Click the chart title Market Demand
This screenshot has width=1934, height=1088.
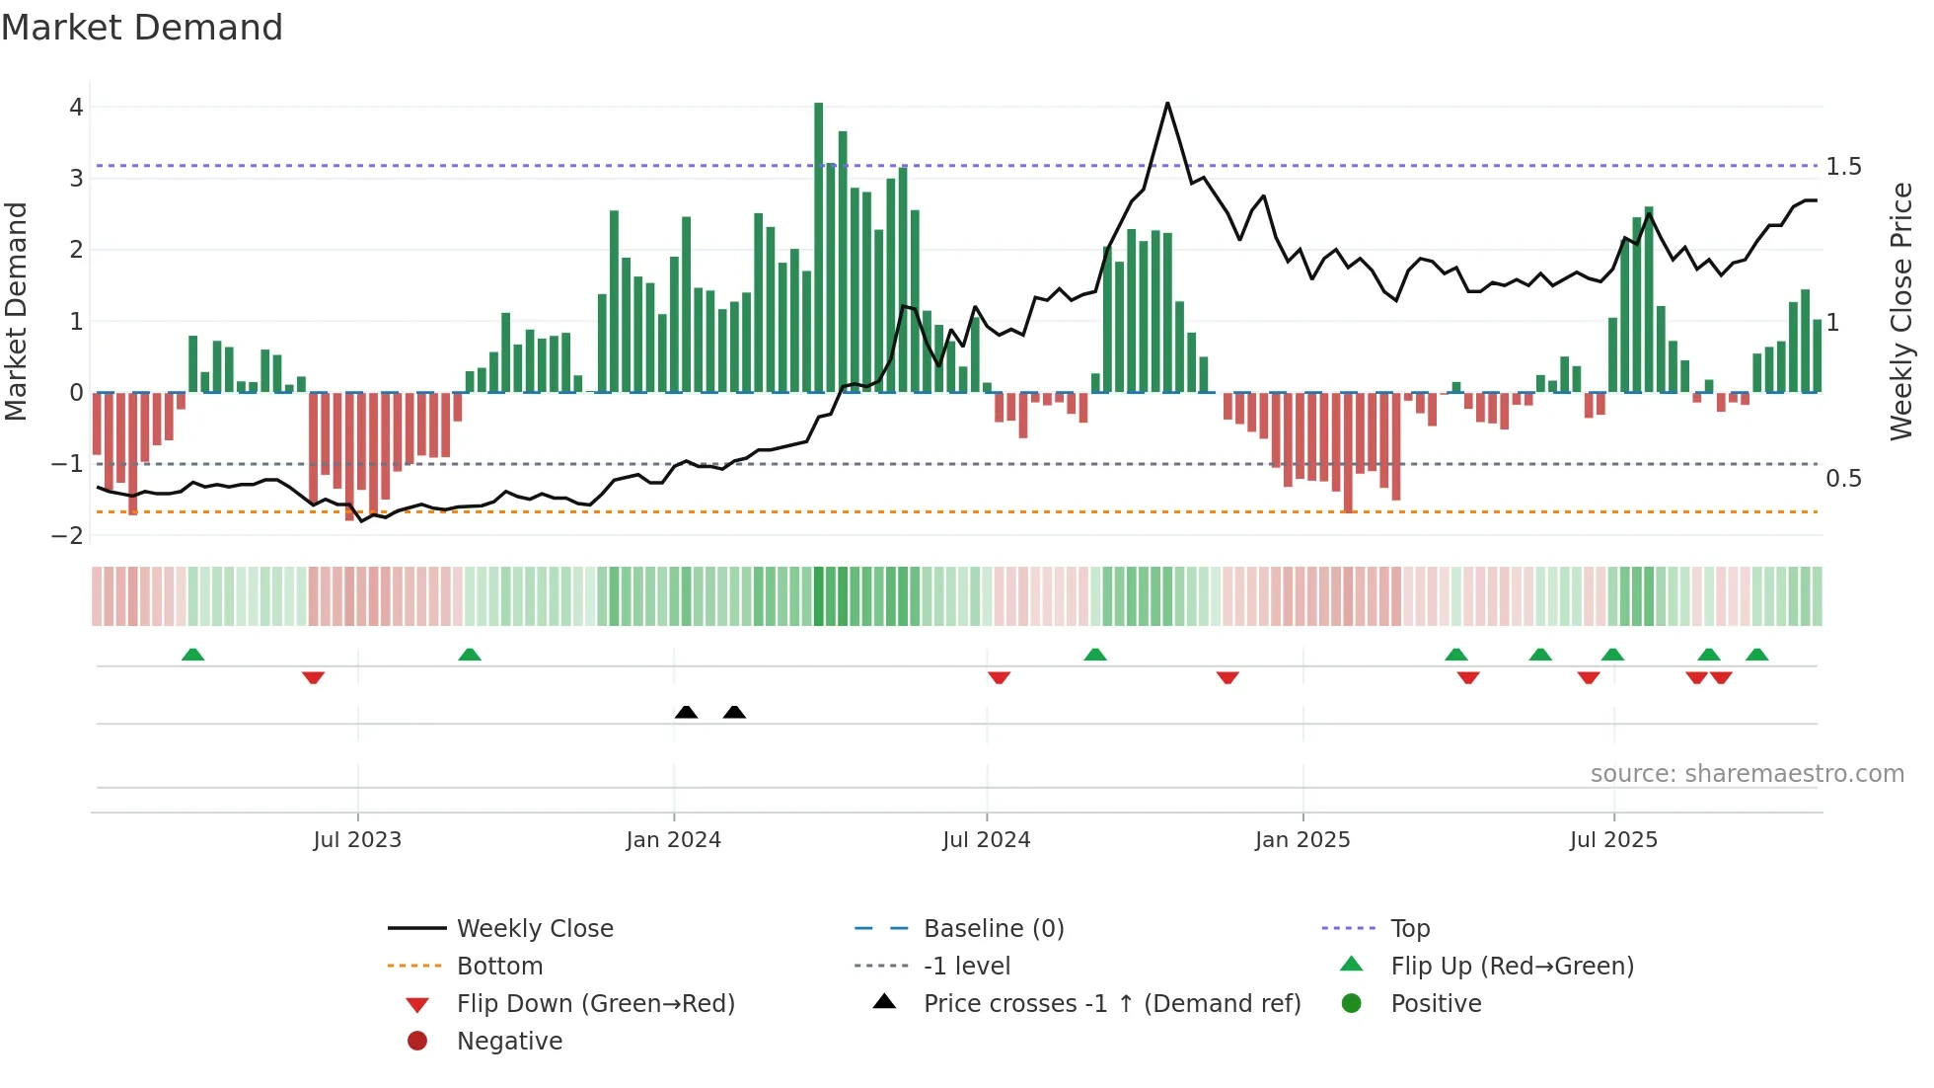142,28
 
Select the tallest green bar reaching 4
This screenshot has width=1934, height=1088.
818,247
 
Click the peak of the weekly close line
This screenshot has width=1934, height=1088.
1167,104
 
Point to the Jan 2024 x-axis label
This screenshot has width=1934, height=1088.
673,840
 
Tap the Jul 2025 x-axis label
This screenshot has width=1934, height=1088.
1613,840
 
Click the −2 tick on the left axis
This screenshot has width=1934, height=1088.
68,535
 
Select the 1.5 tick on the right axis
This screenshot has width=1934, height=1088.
1843,167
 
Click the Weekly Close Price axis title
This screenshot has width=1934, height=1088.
1900,311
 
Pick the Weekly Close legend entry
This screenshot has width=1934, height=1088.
534,928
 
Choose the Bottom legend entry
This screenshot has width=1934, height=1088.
499,966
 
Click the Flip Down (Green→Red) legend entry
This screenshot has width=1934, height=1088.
595,1003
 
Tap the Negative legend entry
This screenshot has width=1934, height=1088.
509,1041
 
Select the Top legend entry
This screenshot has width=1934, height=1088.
1409,928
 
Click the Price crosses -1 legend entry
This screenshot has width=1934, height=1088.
1111,1003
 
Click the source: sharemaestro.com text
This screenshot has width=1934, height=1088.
1747,773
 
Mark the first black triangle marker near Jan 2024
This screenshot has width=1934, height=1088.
686,712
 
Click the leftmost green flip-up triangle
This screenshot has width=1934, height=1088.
192,655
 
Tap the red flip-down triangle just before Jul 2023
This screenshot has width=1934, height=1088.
313,677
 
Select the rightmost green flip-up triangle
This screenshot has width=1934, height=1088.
1756,655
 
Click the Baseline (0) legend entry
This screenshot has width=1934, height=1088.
993,928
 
